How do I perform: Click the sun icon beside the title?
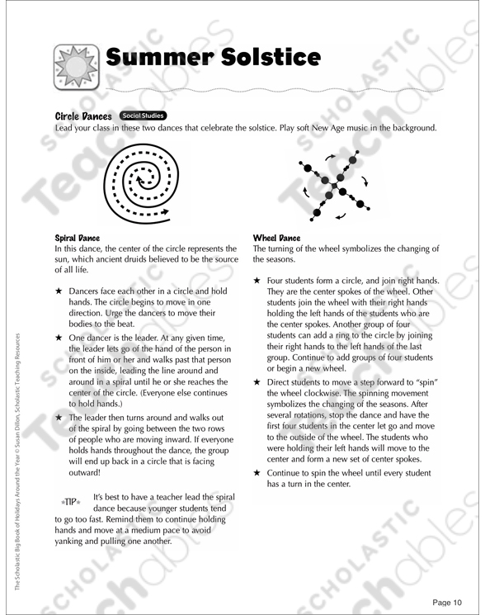coord(77,67)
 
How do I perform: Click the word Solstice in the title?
coord(271,57)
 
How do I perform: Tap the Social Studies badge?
coord(143,116)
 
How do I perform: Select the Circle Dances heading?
coord(83,116)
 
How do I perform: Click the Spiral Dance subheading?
coord(78,238)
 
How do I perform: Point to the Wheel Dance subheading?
coord(276,238)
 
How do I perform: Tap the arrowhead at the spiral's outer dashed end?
coord(165,213)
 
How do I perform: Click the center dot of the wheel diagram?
coord(334,186)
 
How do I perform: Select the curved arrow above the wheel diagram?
coord(330,158)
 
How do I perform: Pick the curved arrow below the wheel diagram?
coord(341,215)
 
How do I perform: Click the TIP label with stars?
coord(70,502)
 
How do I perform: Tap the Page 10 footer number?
coord(447,603)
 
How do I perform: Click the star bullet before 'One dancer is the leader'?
coord(59,338)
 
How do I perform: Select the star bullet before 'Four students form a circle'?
coord(257,281)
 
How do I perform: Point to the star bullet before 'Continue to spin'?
coord(257,473)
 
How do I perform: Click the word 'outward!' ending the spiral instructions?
coord(85,473)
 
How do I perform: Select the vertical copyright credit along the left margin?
coord(17,461)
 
